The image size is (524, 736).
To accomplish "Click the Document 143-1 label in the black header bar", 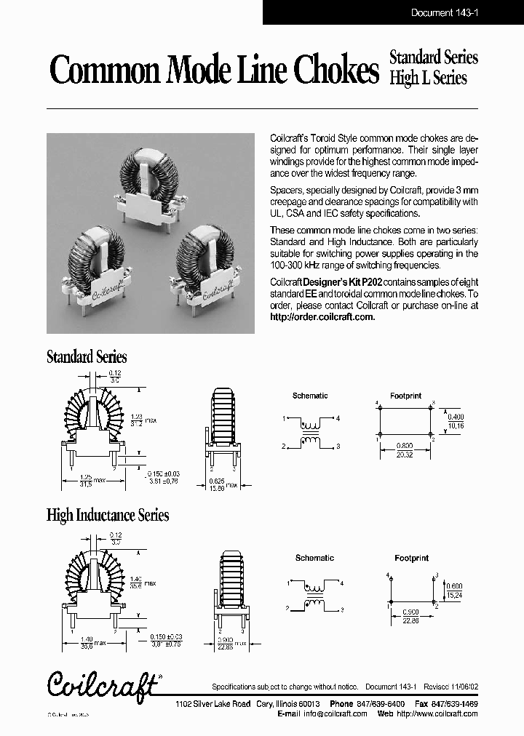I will click(443, 12).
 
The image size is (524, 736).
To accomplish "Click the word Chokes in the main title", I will click(336, 71).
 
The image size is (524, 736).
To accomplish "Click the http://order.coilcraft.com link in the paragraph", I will click(322, 317).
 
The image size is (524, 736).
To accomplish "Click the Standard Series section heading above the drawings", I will click(87, 357).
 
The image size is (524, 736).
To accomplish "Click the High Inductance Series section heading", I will click(108, 516).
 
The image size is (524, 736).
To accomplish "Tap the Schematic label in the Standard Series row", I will click(310, 396).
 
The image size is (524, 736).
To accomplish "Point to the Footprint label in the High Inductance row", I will click(411, 558).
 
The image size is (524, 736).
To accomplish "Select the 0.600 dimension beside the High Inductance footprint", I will click(453, 586).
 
